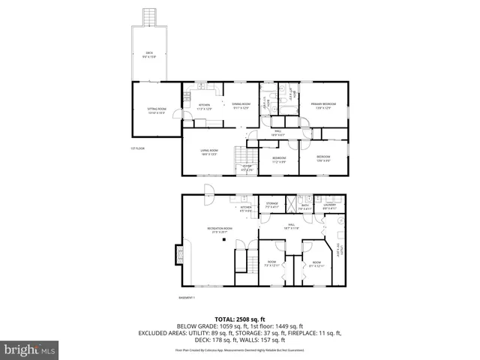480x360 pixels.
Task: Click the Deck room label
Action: pos(150,54)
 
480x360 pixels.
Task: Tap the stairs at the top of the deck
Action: pos(151,16)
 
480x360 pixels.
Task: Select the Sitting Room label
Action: pos(156,110)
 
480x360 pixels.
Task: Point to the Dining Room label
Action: pos(241,106)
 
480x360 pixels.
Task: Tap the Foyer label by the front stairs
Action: pos(245,168)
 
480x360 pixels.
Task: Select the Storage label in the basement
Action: pos(271,205)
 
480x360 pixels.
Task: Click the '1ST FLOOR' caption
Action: pos(136,148)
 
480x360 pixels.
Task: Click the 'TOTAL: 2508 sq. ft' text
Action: pos(239,318)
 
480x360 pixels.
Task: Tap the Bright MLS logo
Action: pos(30,349)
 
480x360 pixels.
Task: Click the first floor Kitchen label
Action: pos(204,106)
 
